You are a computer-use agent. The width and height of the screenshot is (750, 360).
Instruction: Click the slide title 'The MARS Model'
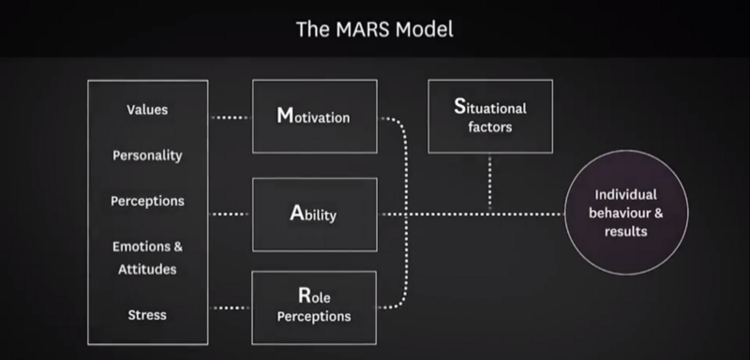(x=374, y=29)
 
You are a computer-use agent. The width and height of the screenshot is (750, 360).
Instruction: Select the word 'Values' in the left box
(x=146, y=110)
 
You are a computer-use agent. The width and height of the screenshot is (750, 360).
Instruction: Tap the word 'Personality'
(x=146, y=155)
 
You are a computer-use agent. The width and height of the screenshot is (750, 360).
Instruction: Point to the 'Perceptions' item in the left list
(x=146, y=201)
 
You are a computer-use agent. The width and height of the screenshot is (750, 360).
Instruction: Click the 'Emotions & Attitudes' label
(x=146, y=258)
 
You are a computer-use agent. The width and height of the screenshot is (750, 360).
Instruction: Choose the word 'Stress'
(x=146, y=314)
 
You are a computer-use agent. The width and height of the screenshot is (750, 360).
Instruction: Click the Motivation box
(x=314, y=116)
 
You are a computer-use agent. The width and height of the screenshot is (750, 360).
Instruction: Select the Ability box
(x=314, y=214)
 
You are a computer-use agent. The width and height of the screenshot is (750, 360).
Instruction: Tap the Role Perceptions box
(x=314, y=307)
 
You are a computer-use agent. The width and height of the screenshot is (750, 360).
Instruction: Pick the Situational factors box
(x=490, y=116)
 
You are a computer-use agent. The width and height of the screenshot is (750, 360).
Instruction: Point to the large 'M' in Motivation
(x=284, y=117)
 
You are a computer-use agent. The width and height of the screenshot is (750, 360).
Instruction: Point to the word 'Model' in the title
(x=423, y=29)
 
